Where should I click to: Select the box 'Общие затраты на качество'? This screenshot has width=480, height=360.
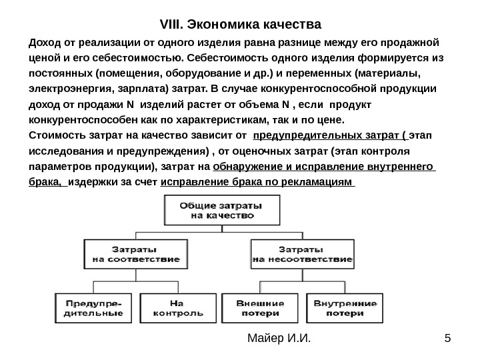209,210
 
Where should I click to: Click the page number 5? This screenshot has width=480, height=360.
447,343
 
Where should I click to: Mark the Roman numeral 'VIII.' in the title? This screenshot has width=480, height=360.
174,26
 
